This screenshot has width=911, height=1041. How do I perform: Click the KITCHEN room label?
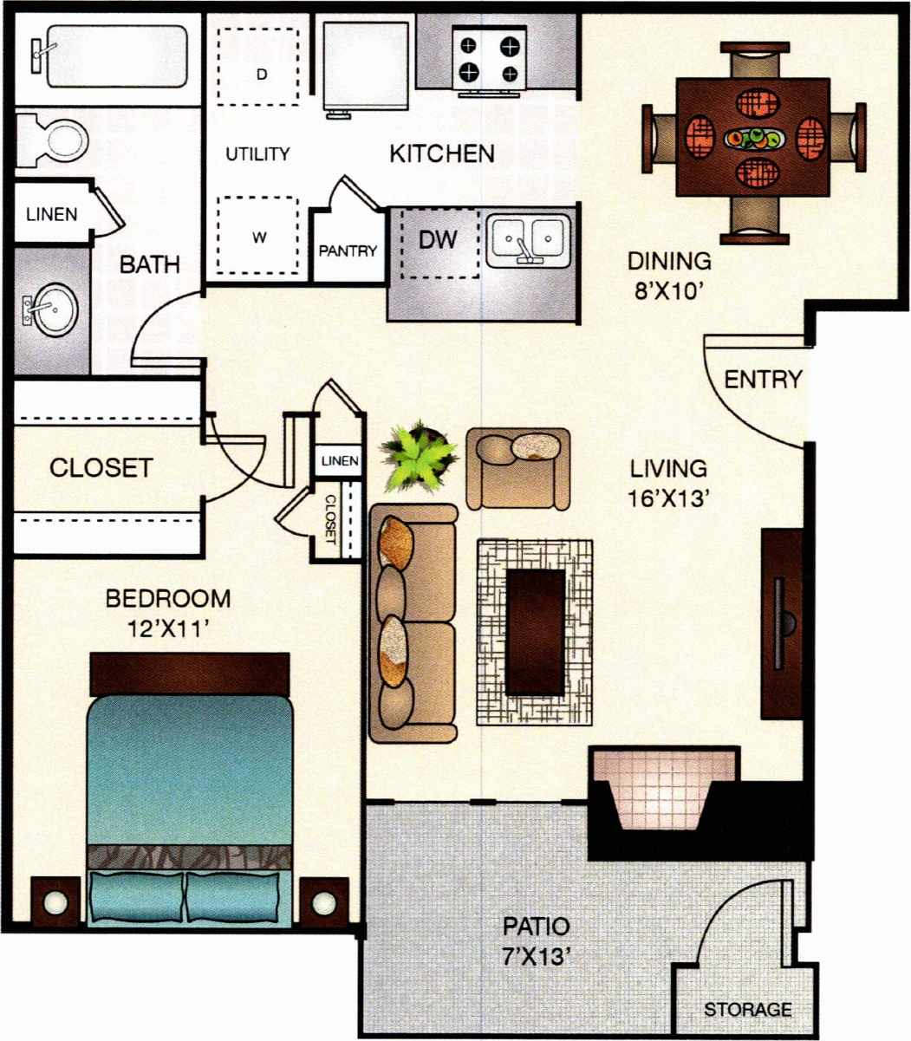click(441, 154)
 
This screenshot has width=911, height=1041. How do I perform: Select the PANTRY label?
click(348, 251)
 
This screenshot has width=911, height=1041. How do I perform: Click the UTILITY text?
click(257, 154)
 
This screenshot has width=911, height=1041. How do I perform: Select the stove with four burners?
click(491, 56)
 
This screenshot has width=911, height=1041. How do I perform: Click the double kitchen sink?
click(526, 238)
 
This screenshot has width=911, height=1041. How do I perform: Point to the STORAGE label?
click(747, 1010)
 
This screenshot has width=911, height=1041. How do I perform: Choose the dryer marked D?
click(261, 74)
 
